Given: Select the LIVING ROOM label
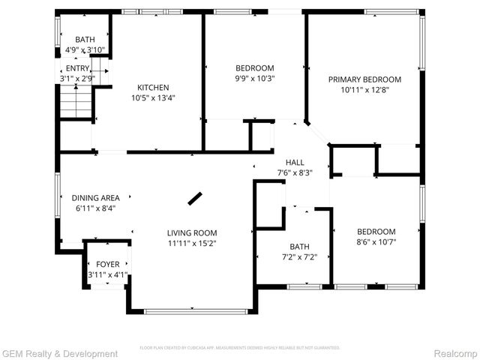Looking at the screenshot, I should [x=191, y=232].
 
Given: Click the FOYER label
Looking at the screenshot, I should [x=107, y=265].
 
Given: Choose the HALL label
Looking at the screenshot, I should [x=294, y=163].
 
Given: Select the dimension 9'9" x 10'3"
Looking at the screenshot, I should [x=255, y=78].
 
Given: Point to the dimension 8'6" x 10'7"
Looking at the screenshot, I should [x=376, y=241].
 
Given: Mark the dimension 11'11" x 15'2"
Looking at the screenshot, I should [x=191, y=243].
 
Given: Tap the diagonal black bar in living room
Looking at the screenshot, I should [x=195, y=197].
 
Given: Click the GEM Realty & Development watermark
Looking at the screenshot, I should [x=60, y=353].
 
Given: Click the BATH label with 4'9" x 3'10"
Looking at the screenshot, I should [x=85, y=40].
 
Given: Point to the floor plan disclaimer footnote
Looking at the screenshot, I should [x=240, y=348].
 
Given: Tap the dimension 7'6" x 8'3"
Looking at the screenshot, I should [x=294, y=172].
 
